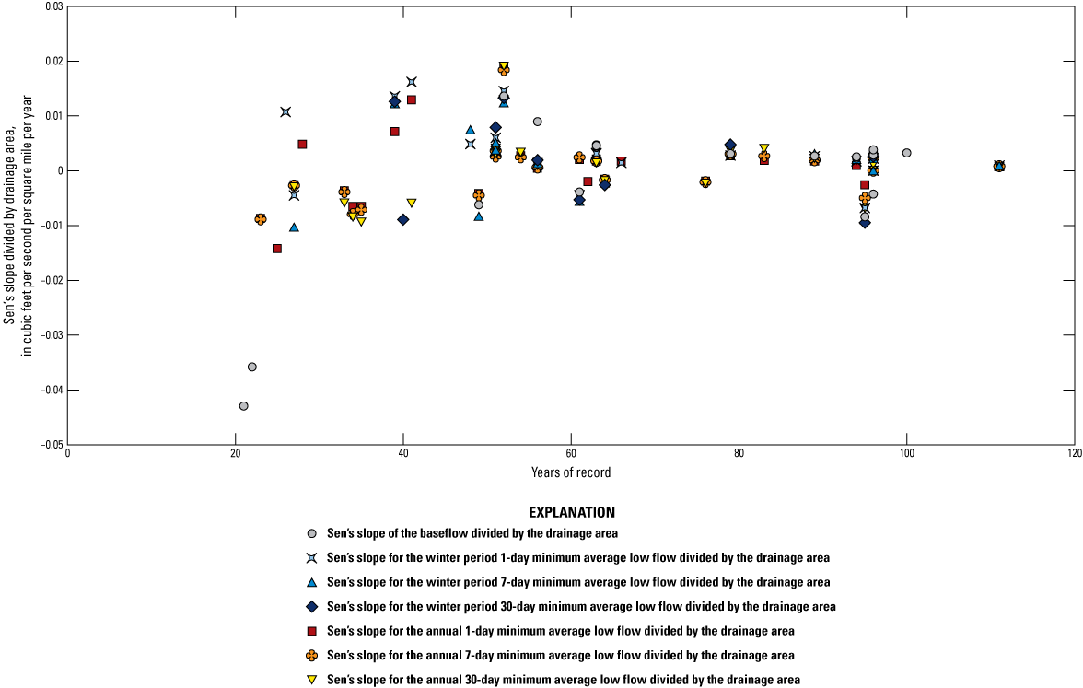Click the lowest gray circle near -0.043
244,406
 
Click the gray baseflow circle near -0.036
252,367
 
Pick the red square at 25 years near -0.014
277,249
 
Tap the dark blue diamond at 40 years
403,219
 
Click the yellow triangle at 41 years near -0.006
412,203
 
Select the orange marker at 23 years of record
261,219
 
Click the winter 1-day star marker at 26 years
285,112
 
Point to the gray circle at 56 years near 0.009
538,122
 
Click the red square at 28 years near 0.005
302,145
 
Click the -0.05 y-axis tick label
49,445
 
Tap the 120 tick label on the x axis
1074,458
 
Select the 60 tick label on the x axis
571,458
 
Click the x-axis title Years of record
571,473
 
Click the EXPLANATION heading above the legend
572,512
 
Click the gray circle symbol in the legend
312,533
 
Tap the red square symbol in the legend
312,631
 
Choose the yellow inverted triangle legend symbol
312,680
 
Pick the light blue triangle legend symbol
312,582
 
